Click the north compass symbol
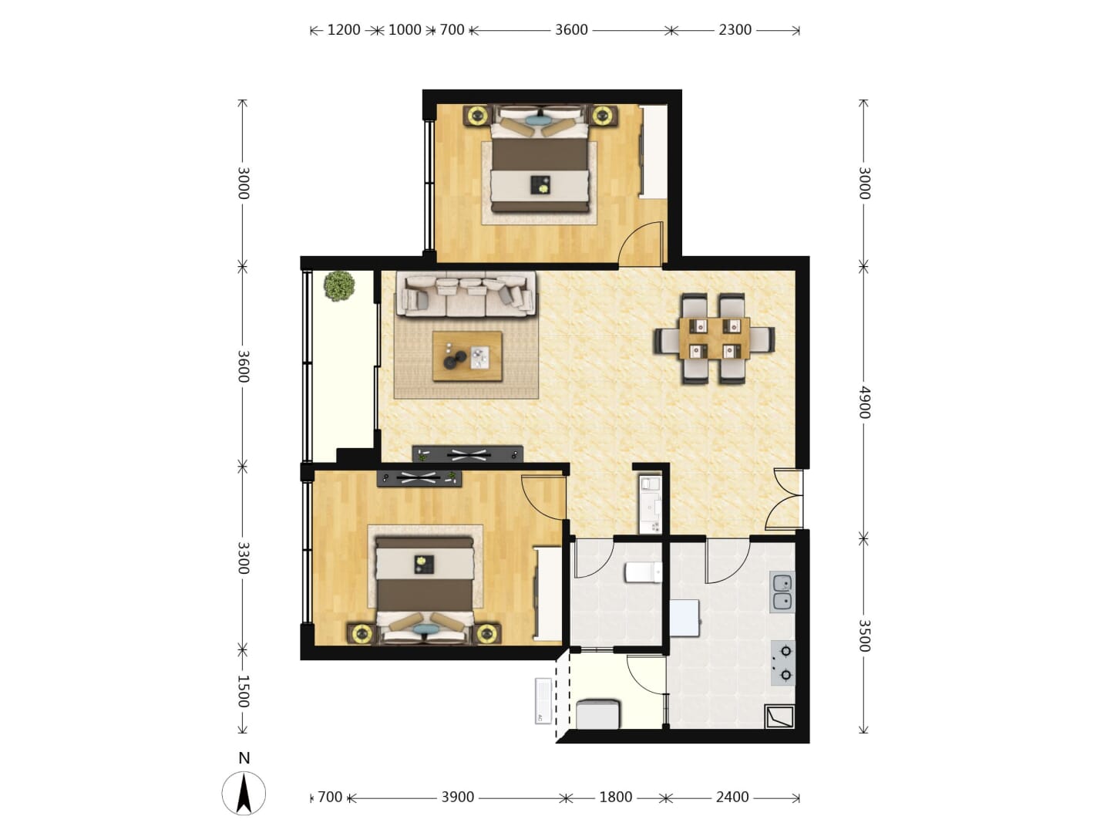coord(244,793)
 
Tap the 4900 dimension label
coord(864,402)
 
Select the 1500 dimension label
coord(244,691)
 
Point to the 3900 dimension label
coord(458,797)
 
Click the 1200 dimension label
coord(344,30)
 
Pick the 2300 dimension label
coord(735,30)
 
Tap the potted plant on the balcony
coord(339,286)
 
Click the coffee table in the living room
coord(467,356)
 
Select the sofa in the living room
coord(466,295)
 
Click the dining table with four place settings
coord(714,339)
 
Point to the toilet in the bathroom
coord(643,572)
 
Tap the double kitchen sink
coord(782,592)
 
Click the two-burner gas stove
coord(783,663)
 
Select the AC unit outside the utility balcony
coord(543,701)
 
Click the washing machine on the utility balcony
coord(597,714)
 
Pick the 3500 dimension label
coord(864,636)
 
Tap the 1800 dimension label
coord(615,797)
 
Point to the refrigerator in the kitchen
coord(685,618)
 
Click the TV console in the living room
coord(467,454)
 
